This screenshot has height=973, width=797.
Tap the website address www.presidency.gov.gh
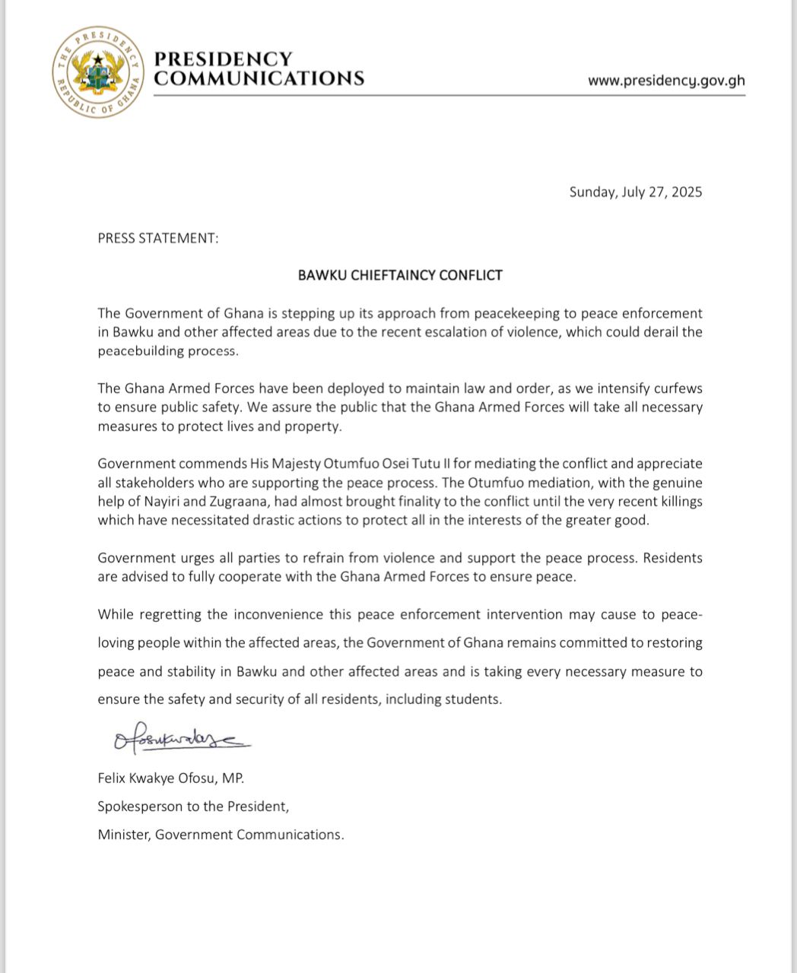[x=666, y=81]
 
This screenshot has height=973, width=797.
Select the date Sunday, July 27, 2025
[x=636, y=192]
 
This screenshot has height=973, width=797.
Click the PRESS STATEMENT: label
[x=158, y=238]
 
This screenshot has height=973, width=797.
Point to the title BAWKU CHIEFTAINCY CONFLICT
[x=400, y=275]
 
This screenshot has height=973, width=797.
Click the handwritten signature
[x=181, y=738]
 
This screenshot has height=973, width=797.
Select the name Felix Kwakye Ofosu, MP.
[x=171, y=778]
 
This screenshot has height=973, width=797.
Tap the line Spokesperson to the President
[x=193, y=806]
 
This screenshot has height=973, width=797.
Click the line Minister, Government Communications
[x=221, y=834]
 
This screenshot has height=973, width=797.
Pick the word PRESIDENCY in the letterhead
[x=223, y=59]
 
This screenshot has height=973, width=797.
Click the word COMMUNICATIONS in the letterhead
[x=259, y=78]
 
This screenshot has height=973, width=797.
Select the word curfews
[x=677, y=388]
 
